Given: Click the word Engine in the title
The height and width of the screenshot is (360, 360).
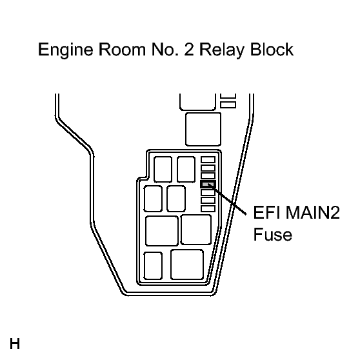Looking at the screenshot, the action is point(66,50).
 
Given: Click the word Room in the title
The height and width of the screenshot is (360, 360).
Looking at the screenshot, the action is point(123,50).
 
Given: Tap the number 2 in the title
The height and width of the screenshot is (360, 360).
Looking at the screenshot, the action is point(189,49).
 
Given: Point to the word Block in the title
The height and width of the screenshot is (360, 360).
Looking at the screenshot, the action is point(272,49).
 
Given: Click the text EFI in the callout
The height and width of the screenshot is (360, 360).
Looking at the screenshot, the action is point(267,212).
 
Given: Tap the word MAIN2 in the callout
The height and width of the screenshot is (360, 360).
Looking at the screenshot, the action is point(313,212).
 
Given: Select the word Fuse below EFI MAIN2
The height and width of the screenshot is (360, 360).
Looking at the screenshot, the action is point(272,234).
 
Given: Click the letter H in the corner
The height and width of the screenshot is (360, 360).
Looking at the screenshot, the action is point(15,344).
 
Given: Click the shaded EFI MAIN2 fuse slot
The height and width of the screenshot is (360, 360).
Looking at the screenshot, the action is point(208,184).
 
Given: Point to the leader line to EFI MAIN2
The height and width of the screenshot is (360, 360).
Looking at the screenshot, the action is point(227,199).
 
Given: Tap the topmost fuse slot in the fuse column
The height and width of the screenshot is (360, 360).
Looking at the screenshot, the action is point(208,160).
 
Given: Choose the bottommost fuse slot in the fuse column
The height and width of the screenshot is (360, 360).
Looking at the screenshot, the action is point(208,208).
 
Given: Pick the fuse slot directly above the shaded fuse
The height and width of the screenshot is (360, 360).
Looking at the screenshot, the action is point(208,176).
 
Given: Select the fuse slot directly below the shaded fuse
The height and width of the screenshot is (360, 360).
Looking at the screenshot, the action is point(208,192).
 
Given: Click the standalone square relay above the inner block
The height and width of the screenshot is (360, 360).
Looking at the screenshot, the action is point(203,129).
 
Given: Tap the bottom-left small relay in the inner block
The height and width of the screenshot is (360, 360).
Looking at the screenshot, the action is point(153,266).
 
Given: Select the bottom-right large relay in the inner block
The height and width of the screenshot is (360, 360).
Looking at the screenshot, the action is point(187,265).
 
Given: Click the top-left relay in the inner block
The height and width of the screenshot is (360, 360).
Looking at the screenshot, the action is point(163,170).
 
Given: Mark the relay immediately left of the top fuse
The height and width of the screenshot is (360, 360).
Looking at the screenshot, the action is point(186,170).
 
